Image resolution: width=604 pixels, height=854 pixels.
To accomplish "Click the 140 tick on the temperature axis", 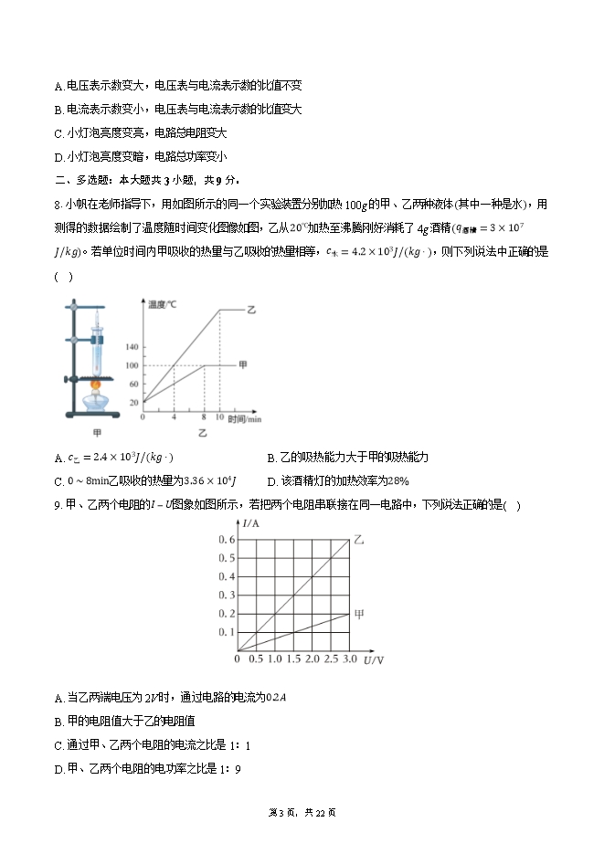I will [132, 348].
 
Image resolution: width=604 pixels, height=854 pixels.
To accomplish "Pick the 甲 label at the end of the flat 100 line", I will [242, 364].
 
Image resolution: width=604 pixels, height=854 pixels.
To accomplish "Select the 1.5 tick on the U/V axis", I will [293, 659].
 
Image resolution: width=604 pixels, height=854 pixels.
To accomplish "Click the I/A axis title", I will [252, 522].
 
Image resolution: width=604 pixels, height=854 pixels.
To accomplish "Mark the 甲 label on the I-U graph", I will [358, 615].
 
